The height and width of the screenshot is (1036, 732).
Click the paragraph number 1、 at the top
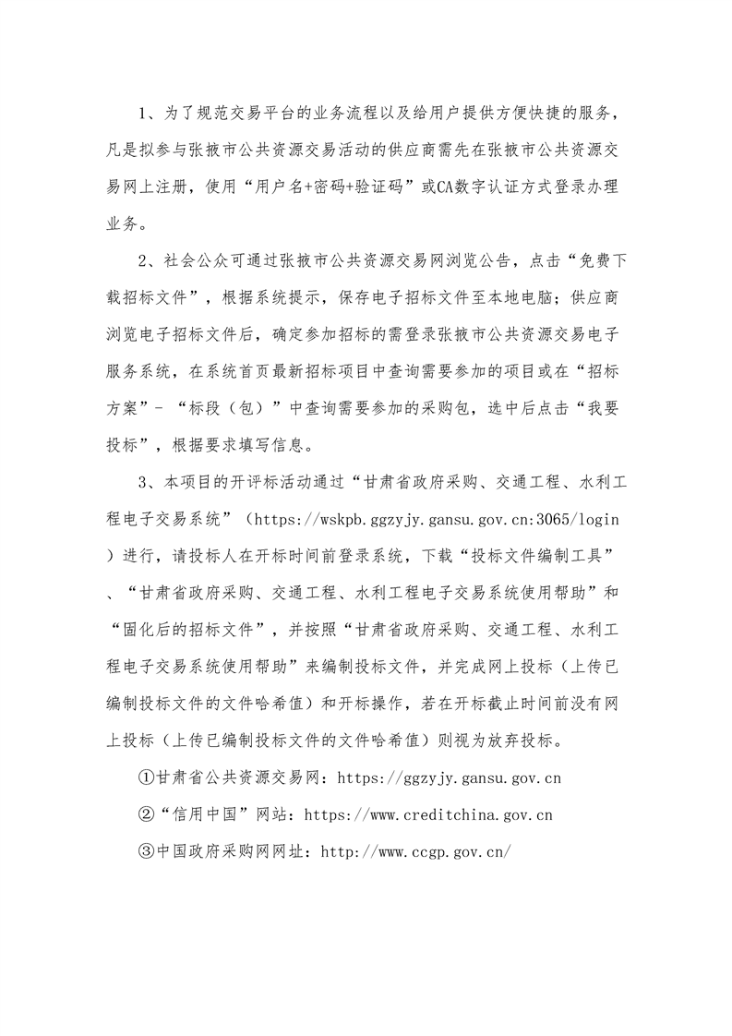point(146,114)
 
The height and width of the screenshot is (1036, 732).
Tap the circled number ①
point(146,778)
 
